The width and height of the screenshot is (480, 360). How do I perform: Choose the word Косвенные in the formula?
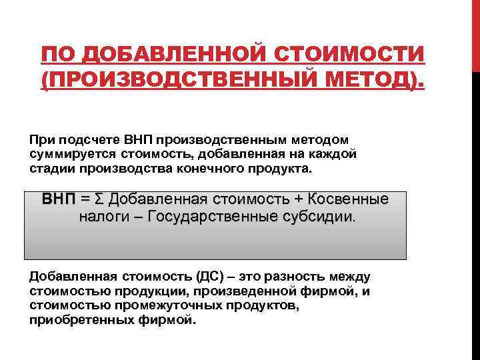(x=347, y=199)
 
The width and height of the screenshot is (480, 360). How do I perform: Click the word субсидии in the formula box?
(x=321, y=217)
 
